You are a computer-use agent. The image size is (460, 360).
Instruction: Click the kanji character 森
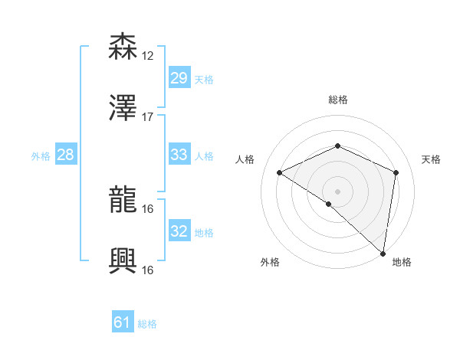tap(123, 47)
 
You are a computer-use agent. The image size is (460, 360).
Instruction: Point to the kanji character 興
tap(123, 261)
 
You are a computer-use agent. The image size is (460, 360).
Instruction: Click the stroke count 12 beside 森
tap(148, 56)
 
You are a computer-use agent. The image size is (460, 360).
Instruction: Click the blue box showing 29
tap(179, 78)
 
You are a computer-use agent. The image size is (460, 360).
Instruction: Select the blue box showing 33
tap(179, 155)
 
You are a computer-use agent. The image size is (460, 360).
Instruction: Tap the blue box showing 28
tap(66, 155)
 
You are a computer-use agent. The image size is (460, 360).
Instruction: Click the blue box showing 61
tap(123, 323)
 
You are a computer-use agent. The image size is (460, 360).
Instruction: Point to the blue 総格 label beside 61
tap(147, 324)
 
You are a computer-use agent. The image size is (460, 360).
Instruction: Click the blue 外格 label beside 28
tap(41, 155)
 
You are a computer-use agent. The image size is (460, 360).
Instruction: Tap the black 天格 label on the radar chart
tap(432, 159)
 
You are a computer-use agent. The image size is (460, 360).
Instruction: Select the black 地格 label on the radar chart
tap(402, 262)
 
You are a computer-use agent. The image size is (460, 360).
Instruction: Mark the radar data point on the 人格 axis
tap(280, 172)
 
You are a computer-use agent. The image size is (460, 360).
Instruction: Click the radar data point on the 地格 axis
tap(383, 253)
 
